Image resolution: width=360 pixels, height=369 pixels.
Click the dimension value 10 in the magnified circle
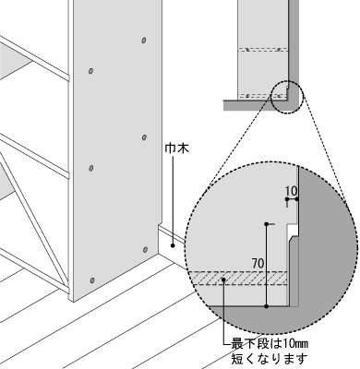(292, 194)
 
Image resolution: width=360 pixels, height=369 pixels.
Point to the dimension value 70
(258, 263)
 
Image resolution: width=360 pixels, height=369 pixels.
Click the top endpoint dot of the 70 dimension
(267, 223)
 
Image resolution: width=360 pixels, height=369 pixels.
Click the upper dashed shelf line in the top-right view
(263, 50)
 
